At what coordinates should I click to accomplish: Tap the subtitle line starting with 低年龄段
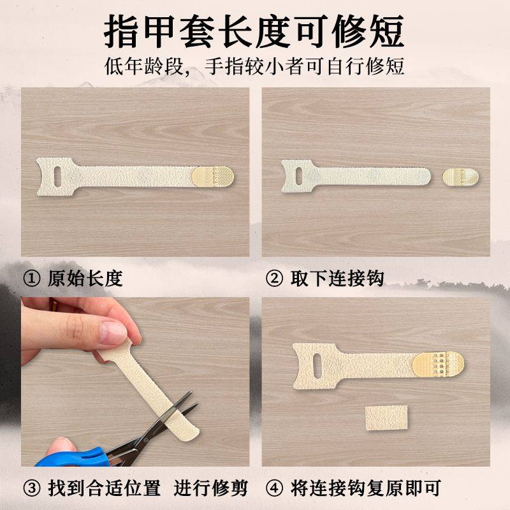[255, 67]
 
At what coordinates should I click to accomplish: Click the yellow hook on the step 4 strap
[441, 362]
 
